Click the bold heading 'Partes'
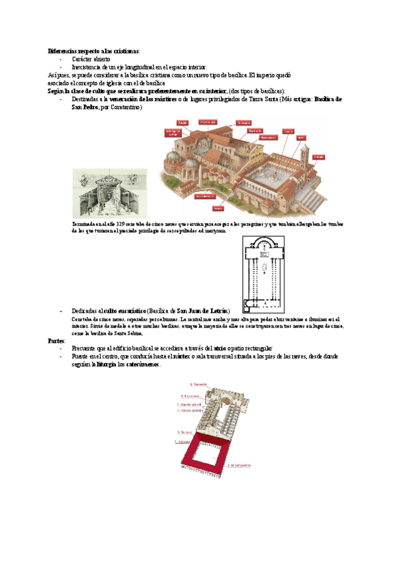pos(56,341)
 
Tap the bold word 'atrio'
pos(220,349)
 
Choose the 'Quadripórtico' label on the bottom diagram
pos(240,465)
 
